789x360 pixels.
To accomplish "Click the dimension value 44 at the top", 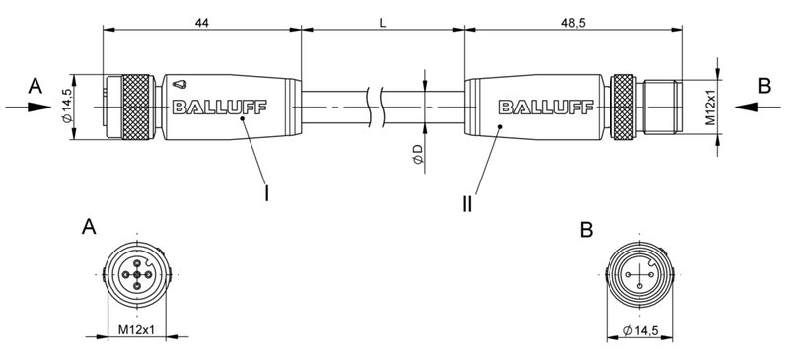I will tap(201, 21).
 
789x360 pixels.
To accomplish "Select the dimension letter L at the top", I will tap(382, 21).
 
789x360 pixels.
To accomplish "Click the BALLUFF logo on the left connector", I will tap(211, 107).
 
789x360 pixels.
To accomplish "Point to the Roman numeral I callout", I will tap(266, 193).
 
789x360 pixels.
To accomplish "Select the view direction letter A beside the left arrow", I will tap(36, 87).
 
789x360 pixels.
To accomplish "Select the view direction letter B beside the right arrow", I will tap(763, 87).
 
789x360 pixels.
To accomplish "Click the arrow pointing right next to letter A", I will tap(30, 108).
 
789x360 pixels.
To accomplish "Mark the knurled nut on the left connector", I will tap(136, 107).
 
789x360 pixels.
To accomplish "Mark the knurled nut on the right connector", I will tap(624, 107).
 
